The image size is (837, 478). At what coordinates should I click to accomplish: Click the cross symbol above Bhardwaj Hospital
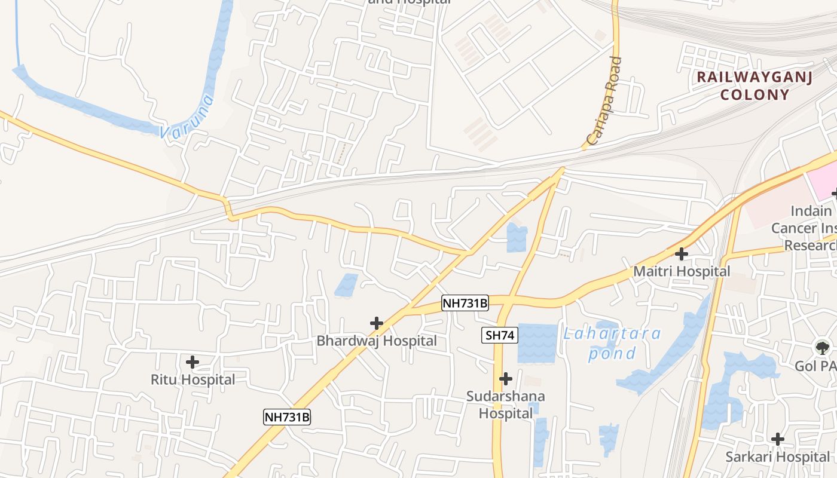coord(376,323)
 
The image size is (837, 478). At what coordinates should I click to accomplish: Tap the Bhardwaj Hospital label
coord(377,341)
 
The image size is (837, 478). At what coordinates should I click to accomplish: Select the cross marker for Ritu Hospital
coord(192,362)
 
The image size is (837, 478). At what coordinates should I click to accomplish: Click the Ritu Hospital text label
coord(193,379)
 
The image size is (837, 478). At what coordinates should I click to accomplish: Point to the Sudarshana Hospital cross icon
coord(506,378)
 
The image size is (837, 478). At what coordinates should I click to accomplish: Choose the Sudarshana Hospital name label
coord(506,405)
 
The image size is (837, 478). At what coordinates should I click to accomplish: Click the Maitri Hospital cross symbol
coord(681,254)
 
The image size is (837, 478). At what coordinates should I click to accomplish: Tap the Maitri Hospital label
coord(682,271)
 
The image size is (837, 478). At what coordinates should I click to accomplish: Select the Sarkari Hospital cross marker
coord(777,439)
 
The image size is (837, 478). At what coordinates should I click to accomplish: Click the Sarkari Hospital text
coord(777,456)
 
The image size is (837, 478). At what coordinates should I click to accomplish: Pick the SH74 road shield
coord(500,335)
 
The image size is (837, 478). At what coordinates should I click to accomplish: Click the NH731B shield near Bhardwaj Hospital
coord(465,303)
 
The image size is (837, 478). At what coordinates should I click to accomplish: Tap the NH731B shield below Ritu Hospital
coord(287,417)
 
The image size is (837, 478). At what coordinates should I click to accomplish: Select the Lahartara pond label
coord(612,343)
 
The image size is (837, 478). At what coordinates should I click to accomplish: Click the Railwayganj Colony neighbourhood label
coord(754,85)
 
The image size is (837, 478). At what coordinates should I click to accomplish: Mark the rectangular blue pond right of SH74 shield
coord(537,343)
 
